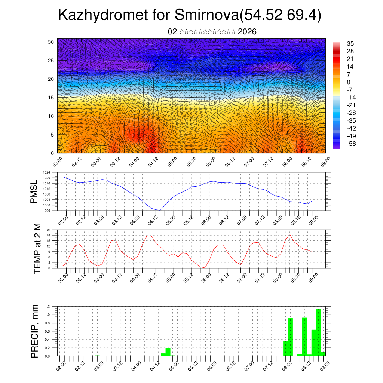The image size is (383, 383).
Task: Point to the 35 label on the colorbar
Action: click(350, 43)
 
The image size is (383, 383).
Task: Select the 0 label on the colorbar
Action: click(349, 82)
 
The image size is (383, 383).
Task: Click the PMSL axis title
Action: click(34, 191)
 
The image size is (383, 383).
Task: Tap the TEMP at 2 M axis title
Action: click(37, 248)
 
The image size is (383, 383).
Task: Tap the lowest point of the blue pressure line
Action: click(160, 210)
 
